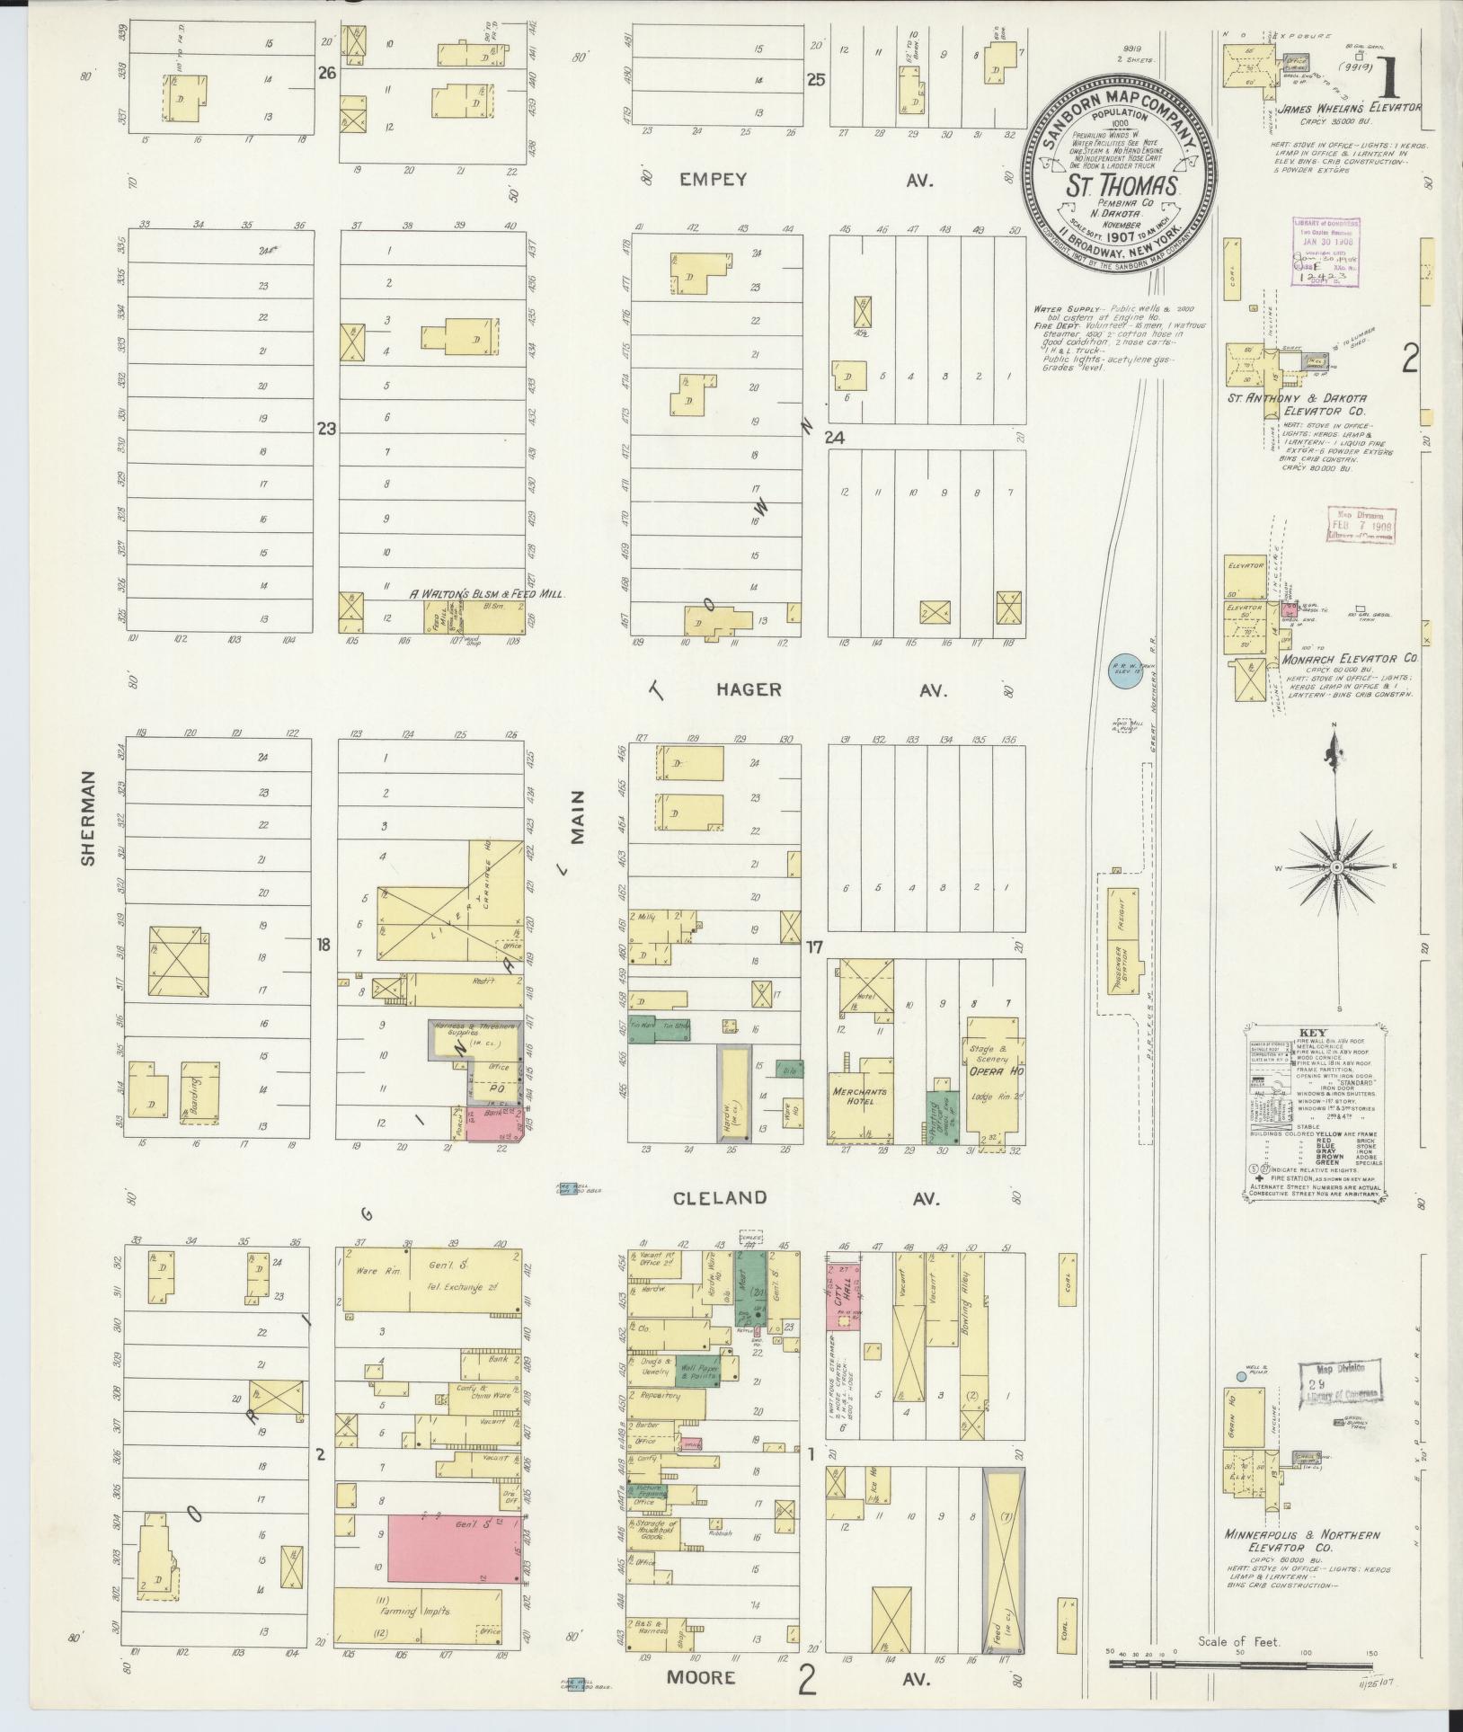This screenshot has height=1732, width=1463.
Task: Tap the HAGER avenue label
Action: [749, 690]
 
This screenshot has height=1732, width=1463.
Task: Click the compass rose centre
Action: [1336, 866]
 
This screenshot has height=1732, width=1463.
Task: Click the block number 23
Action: [325, 430]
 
